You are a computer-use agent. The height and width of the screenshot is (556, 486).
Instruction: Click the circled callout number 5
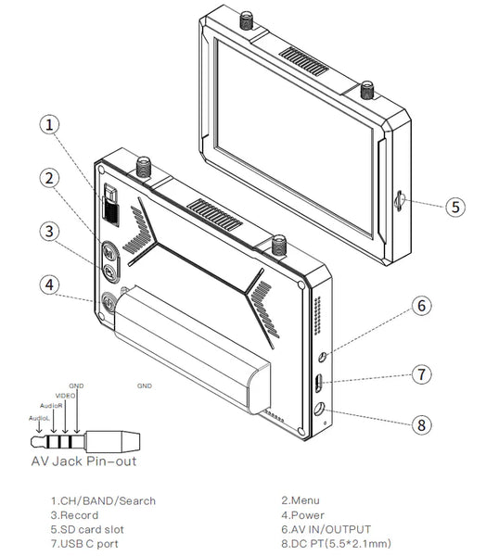454,206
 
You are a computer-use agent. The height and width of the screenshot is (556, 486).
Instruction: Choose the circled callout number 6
420,305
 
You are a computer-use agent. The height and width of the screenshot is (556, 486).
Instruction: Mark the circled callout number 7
420,374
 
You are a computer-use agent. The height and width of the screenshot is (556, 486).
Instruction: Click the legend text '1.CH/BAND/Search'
103,501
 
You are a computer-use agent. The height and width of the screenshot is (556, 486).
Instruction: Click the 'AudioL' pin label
38,418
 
